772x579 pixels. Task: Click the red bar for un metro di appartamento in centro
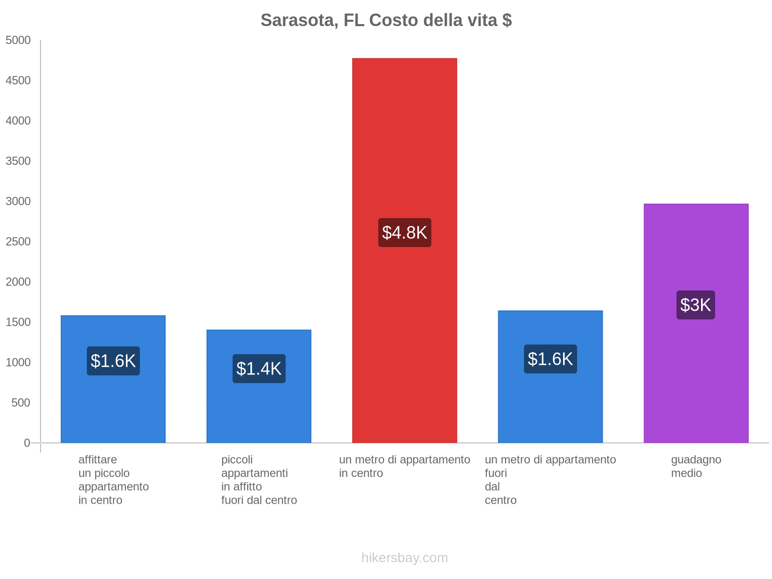(x=404, y=145)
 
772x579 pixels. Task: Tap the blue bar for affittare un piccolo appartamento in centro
(x=113, y=410)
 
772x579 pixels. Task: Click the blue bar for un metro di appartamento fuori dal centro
(x=550, y=410)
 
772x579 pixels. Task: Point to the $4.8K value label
(x=404, y=233)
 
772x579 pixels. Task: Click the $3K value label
(x=695, y=305)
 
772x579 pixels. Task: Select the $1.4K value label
(x=259, y=369)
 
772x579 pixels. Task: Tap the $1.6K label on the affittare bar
(x=113, y=361)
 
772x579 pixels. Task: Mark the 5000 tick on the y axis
(x=18, y=40)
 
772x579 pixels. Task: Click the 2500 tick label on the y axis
(x=18, y=241)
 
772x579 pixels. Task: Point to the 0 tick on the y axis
(x=27, y=442)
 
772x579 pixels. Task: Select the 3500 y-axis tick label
(x=18, y=161)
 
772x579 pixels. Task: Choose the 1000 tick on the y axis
(x=18, y=362)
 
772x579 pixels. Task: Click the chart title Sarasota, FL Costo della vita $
(x=386, y=20)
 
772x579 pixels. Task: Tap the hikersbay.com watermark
(x=404, y=558)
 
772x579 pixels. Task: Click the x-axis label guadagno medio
(x=696, y=466)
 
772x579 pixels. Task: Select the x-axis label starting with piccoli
(x=259, y=480)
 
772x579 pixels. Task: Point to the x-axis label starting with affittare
(x=113, y=480)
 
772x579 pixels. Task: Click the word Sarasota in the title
(x=299, y=20)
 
